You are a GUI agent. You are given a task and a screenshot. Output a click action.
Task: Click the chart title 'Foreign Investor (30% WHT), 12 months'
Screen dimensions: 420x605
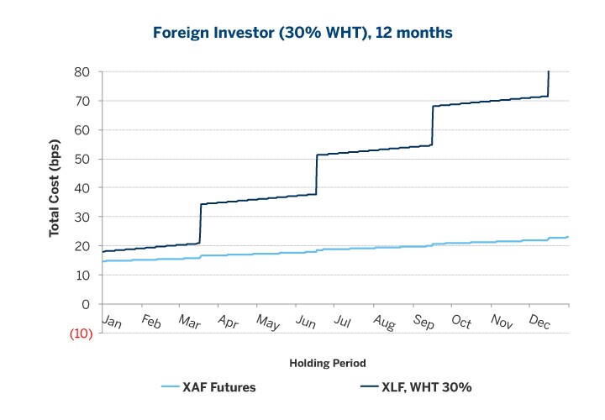coord(302,34)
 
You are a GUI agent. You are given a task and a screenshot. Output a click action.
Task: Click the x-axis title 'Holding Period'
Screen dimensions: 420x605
coord(327,363)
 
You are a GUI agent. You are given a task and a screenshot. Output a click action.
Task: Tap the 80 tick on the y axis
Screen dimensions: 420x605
coord(82,72)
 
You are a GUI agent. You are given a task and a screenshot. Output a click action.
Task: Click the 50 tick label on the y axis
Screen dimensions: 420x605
coord(82,159)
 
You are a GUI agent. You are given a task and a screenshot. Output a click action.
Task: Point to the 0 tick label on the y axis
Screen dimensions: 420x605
coord(85,304)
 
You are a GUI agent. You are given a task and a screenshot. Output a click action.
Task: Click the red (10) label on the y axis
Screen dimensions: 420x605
coord(80,333)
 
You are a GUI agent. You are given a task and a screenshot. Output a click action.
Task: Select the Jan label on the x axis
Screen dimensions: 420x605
coord(112,322)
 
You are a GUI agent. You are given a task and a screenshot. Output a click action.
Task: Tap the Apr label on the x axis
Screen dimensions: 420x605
coord(229,322)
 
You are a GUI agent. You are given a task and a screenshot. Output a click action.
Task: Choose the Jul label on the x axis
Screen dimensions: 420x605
coord(343,322)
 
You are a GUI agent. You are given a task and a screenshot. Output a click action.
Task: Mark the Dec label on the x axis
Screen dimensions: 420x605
coord(539,322)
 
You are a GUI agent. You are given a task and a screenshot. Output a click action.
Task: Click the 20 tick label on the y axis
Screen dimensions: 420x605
coord(82,246)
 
